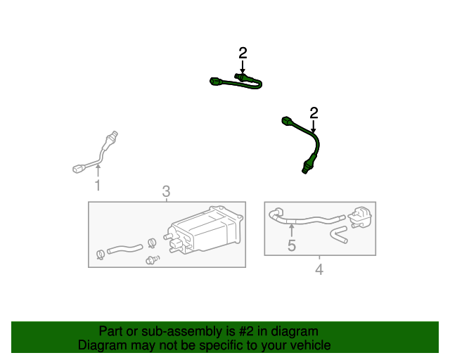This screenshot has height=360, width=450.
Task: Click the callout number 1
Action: click(98, 185)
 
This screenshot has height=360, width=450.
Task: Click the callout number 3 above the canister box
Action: click(166, 191)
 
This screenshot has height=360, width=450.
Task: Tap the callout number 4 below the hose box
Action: click(319, 269)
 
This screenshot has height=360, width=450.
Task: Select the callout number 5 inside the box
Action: click(292, 245)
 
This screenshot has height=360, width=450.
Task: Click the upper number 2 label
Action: click(243, 53)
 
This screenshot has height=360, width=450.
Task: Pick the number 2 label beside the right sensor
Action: click(314, 113)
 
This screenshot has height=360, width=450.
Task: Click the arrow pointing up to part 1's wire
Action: click(98, 170)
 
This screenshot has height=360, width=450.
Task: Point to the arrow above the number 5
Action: click(292, 231)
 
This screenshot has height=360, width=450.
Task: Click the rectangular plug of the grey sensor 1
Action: click(78, 169)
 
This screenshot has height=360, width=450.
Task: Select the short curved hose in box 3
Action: click(125, 249)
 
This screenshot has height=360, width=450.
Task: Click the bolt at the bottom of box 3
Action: click(153, 260)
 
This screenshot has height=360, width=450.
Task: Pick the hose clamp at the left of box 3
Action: click(100, 255)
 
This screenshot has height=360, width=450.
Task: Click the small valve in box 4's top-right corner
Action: click(360, 217)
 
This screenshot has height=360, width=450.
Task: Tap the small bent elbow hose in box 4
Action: click(339, 235)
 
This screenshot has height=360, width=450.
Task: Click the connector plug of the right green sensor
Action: click(287, 121)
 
